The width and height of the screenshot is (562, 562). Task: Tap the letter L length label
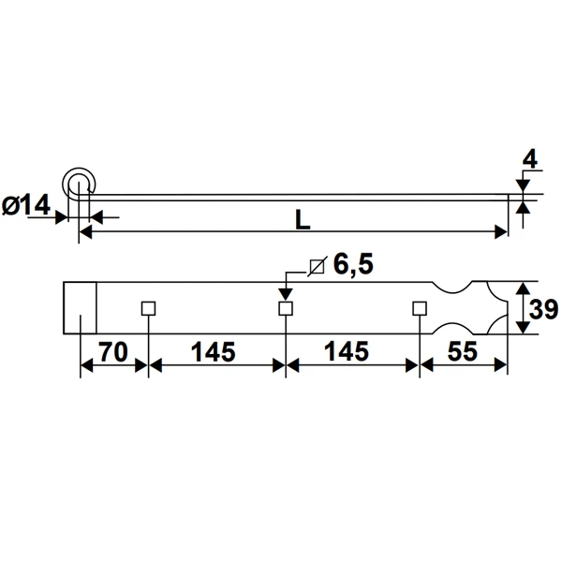pyautogui.click(x=302, y=219)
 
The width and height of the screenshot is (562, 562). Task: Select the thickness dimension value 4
pyautogui.click(x=529, y=159)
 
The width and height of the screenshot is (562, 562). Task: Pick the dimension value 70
pyautogui.click(x=112, y=352)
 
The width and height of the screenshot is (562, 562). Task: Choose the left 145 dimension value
pyautogui.click(x=214, y=352)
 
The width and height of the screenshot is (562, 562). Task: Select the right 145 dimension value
pyautogui.click(x=349, y=352)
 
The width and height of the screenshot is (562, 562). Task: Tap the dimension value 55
pyautogui.click(x=464, y=352)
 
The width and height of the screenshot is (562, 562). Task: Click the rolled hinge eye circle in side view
pyautogui.click(x=79, y=183)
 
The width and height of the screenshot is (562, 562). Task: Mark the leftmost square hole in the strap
pyautogui.click(x=147, y=308)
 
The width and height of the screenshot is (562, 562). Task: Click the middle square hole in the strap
pyautogui.click(x=284, y=308)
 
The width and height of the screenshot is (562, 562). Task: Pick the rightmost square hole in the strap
pyautogui.click(x=420, y=308)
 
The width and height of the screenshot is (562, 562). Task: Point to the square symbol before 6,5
pyautogui.click(x=317, y=266)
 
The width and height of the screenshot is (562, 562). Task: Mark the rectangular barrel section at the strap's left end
pyautogui.click(x=81, y=308)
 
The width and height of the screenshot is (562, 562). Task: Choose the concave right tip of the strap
pyautogui.click(x=505, y=308)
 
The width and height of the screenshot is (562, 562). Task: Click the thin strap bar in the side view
pyautogui.click(x=300, y=195)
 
